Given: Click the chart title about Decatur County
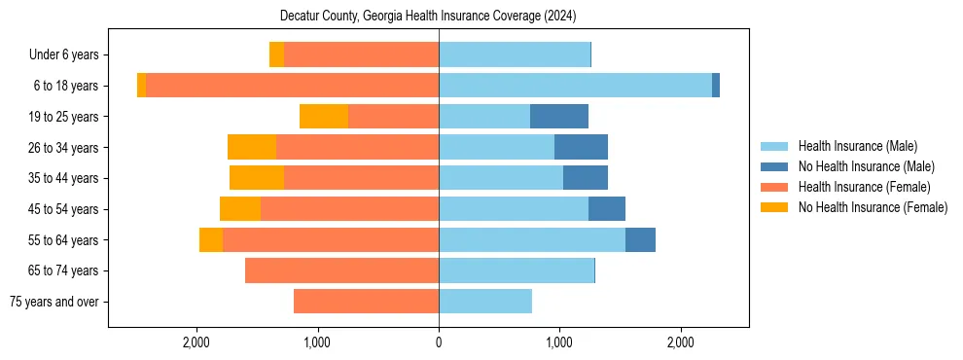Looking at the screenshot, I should tap(428, 17).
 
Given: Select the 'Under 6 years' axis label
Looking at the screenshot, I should tap(63, 55).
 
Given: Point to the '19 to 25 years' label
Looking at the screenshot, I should tap(63, 117).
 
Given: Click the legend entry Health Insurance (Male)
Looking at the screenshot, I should tap(857, 146).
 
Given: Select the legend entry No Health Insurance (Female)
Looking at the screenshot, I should tap(872, 207).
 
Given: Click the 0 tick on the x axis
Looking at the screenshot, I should tap(439, 342).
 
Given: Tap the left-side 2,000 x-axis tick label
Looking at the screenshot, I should tap(196, 342).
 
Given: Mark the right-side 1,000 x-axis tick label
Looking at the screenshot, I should tap(559, 342).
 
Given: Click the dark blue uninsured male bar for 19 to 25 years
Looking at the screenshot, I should tap(559, 117).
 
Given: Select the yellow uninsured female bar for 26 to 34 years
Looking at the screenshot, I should tap(252, 147).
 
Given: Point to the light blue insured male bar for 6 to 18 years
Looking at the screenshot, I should tap(575, 86).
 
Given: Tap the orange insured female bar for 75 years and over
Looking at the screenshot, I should tap(366, 302).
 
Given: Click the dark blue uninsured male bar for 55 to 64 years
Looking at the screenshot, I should tap(640, 239).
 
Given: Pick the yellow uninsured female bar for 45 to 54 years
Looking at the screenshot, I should tap(240, 209).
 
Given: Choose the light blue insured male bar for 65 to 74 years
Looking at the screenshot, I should tap(516, 270).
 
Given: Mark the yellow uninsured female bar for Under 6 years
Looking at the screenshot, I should tap(276, 55).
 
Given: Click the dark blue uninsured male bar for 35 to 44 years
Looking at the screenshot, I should tap(586, 178).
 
